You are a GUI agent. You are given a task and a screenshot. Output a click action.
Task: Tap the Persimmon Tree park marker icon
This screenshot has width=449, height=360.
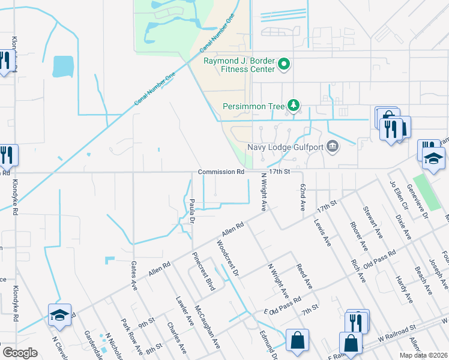pos(293,106)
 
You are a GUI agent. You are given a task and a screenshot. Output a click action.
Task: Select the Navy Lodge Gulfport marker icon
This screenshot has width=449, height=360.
pos(333,147)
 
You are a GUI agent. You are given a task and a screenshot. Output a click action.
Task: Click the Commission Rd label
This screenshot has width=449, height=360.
pos(221,172)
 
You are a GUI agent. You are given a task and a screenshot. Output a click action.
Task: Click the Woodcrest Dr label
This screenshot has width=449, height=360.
pos(228,259)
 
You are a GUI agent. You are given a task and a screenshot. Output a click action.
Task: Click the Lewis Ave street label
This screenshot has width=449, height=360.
pos(322,233)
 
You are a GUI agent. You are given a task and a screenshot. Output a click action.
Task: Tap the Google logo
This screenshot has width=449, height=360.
pos(20,352)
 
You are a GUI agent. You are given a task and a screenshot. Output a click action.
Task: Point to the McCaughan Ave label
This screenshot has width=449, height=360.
pos(207,322)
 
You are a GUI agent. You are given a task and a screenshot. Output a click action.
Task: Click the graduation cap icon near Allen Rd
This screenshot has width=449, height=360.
pos(60,316)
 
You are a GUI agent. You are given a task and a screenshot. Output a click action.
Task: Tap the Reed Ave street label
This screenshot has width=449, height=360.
pos(304,275)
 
